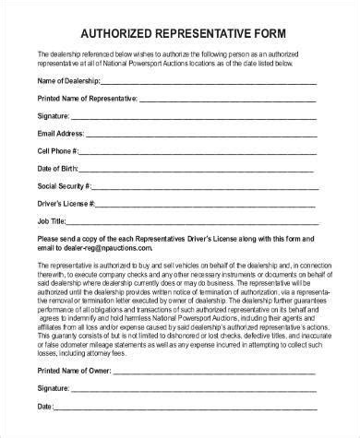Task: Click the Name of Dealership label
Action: [70, 83]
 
